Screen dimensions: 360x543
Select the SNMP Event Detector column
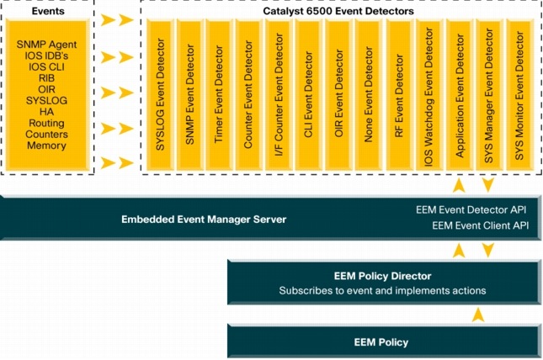click(190, 97)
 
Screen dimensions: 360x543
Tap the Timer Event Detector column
click(219, 97)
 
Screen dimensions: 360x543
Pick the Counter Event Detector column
click(248, 97)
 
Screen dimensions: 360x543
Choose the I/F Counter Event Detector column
click(279, 97)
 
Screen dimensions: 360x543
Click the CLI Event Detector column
click(308, 97)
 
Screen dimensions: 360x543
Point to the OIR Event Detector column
click(338, 97)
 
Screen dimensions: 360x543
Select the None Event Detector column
click(368, 97)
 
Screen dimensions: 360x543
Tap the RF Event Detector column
click(398, 97)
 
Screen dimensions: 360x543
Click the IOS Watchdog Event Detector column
click(429, 97)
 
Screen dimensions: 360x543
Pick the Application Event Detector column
click(459, 97)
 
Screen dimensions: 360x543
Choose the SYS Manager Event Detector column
click(488, 97)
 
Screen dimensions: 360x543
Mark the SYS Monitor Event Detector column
click(519, 97)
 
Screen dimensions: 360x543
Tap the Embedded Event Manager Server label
click(204, 219)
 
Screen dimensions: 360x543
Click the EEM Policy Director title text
click(382, 275)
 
